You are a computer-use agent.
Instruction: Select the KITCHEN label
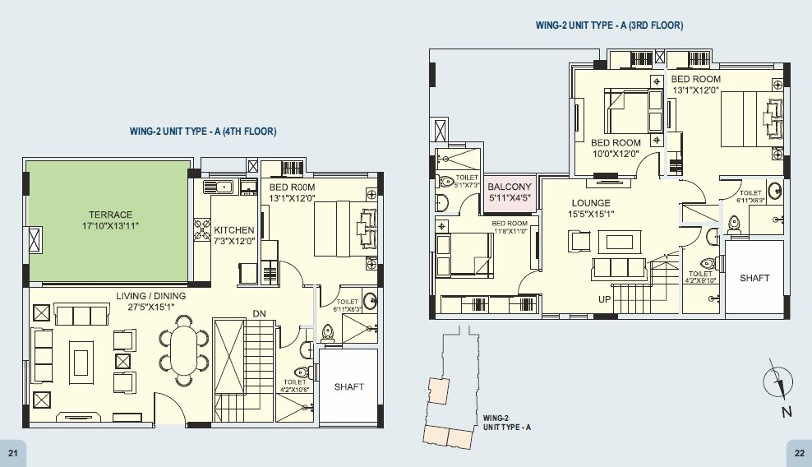click(234, 230)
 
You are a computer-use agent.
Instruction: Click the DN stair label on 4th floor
click(258, 314)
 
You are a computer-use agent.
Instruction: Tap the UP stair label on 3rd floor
click(605, 300)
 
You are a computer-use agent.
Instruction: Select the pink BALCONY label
click(510, 187)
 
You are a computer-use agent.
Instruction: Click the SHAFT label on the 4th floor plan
click(348, 386)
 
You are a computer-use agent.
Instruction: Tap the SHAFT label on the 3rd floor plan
click(754, 278)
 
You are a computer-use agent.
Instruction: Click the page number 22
click(799, 453)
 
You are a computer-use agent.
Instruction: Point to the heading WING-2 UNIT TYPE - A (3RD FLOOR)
click(609, 25)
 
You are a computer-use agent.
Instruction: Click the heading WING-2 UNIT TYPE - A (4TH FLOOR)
click(202, 132)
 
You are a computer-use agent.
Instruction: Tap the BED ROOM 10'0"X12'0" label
click(616, 148)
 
